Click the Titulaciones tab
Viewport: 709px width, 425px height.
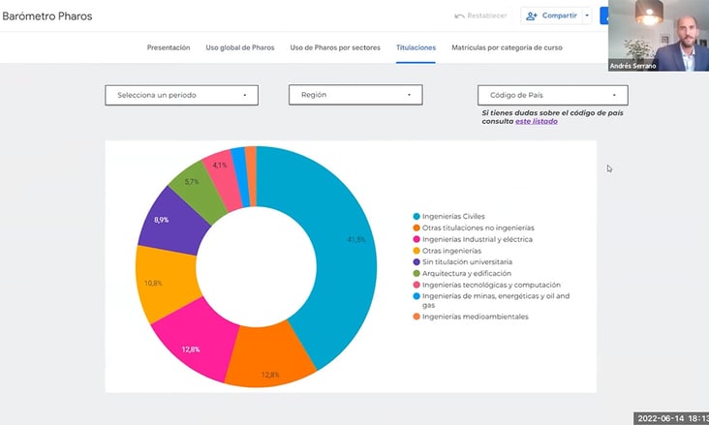pyautogui.click(x=416, y=47)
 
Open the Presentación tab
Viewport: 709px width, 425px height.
pyautogui.click(x=169, y=47)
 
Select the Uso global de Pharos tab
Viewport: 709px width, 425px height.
pyautogui.click(x=240, y=47)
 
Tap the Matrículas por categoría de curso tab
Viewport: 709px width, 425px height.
pyautogui.click(x=507, y=47)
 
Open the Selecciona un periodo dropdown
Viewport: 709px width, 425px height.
pyautogui.click(x=181, y=95)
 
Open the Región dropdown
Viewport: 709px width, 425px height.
pyautogui.click(x=355, y=95)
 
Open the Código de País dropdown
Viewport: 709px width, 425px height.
pyautogui.click(x=552, y=95)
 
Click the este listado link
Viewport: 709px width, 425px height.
pyautogui.click(x=536, y=121)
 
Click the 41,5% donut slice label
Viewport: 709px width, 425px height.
pyautogui.click(x=356, y=239)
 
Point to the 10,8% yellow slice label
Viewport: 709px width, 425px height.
pyautogui.click(x=153, y=283)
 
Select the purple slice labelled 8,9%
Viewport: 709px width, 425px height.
pyautogui.click(x=161, y=220)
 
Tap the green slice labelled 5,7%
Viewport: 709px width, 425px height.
pyautogui.click(x=192, y=182)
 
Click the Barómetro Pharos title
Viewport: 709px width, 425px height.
pyautogui.click(x=47, y=16)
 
